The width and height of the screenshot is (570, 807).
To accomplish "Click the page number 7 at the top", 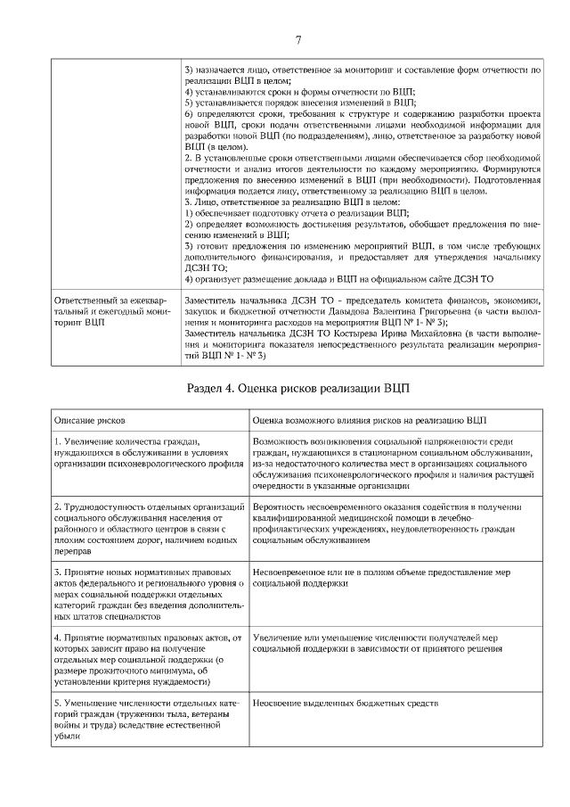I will (x=297, y=39).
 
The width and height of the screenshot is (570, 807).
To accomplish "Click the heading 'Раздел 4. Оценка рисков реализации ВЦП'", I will (x=298, y=389).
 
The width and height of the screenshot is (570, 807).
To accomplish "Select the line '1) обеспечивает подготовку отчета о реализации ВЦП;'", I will (x=297, y=213).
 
